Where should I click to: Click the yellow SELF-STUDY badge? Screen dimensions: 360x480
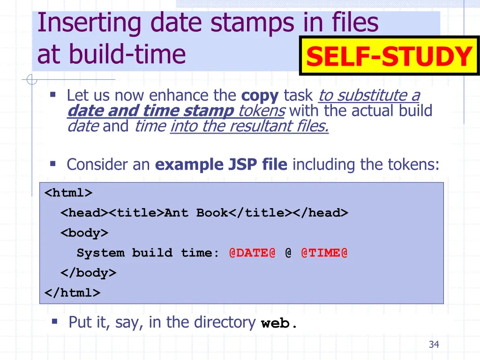tap(389, 56)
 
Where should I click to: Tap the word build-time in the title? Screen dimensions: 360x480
tap(127, 54)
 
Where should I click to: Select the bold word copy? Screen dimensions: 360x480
tap(260, 96)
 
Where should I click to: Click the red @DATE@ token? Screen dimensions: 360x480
tap(252, 253)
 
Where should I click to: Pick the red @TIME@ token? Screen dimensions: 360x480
tap(324, 253)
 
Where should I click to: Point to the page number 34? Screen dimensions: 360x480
tap(434, 345)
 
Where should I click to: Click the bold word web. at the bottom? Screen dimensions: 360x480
tap(279, 323)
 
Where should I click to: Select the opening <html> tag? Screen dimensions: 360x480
tap(68, 193)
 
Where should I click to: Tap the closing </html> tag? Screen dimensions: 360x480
tap(72, 293)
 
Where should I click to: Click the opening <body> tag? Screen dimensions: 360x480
tap(84, 233)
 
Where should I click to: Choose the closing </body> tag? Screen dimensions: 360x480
tap(88, 273)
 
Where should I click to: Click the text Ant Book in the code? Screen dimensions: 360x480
tap(196, 213)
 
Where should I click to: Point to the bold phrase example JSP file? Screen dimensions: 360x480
tap(221, 165)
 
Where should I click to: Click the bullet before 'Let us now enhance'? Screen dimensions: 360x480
tap(53, 95)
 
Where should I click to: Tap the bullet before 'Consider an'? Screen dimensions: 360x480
tap(53, 164)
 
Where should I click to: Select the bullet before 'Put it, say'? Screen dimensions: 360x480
tap(54, 321)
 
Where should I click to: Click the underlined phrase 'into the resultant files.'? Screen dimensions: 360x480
tap(249, 126)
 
